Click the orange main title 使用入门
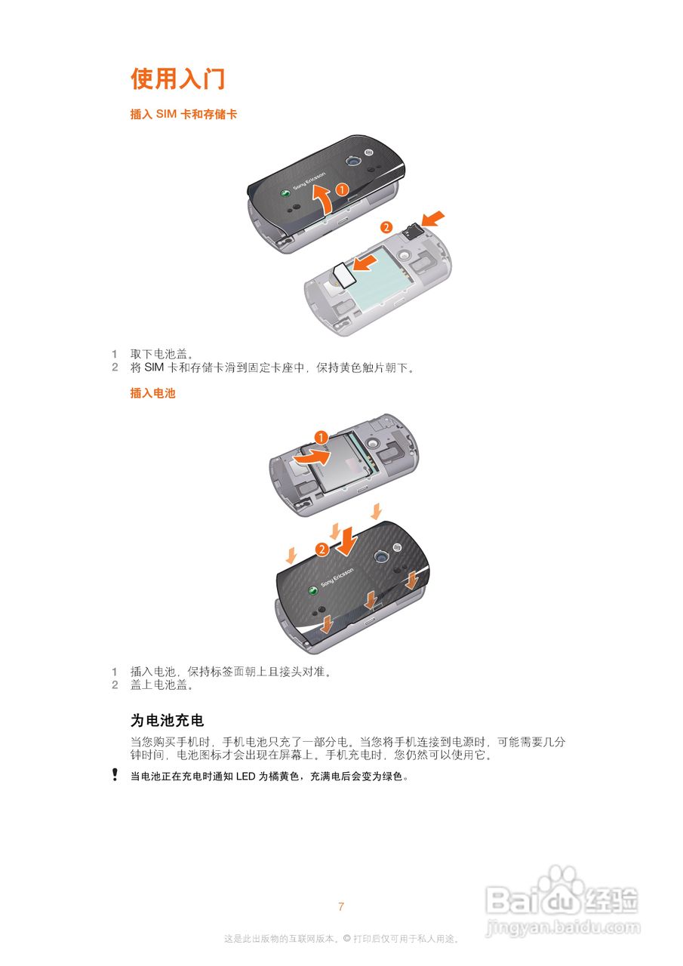click(x=177, y=79)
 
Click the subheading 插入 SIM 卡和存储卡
click(x=183, y=114)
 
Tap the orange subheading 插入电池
click(x=152, y=393)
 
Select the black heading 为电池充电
click(x=167, y=720)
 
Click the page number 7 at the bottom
click(x=341, y=906)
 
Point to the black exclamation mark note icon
click(x=115, y=774)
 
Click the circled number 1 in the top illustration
click(x=342, y=189)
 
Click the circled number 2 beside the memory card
click(x=386, y=227)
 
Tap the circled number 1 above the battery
click(x=321, y=438)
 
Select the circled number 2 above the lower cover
click(x=322, y=549)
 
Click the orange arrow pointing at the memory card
click(x=432, y=218)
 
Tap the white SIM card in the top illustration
click(x=344, y=274)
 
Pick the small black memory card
click(x=413, y=231)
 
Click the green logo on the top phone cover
click(x=285, y=195)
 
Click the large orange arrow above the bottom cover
click(x=348, y=541)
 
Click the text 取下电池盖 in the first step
click(x=159, y=355)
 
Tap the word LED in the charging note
click(x=246, y=777)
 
